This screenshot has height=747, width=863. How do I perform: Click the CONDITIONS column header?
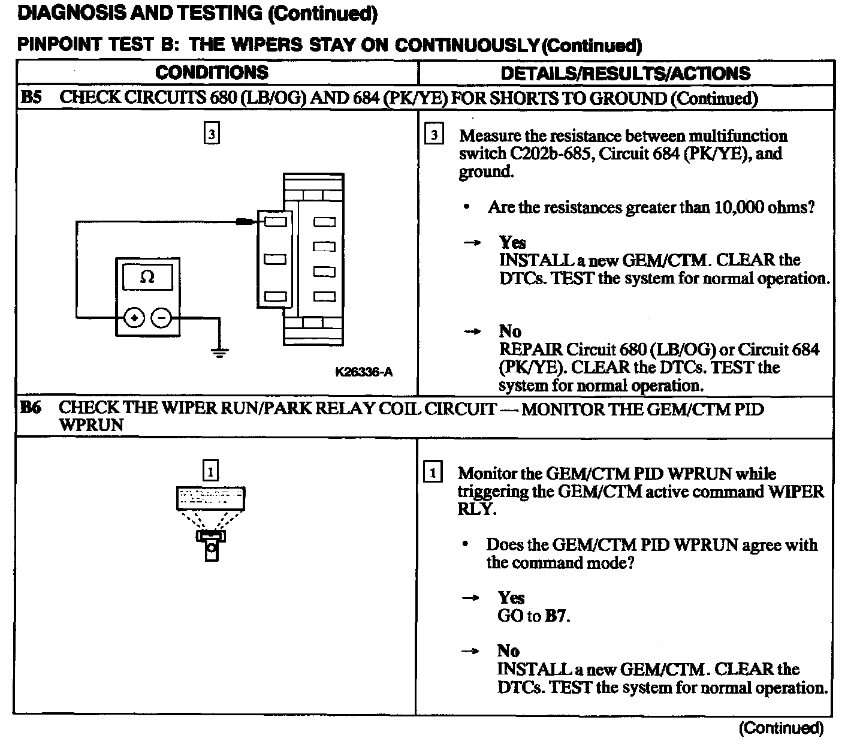212,73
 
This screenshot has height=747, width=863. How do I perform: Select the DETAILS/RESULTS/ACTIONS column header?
625,73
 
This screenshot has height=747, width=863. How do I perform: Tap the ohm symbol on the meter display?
147,277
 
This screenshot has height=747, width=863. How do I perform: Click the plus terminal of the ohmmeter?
134,318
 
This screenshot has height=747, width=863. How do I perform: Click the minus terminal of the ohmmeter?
161,318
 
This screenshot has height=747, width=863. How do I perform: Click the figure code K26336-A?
364,372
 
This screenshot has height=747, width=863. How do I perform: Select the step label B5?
31,98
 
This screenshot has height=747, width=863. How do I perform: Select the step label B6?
31,408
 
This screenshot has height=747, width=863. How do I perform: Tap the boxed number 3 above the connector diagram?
211,133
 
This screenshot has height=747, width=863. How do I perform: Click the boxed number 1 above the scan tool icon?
210,472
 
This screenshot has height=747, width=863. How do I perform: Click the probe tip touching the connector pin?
245,222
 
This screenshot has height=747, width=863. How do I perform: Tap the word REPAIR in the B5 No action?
531,350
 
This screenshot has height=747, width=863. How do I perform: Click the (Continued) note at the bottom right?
781,728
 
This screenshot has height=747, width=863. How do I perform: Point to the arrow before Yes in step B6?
472,598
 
